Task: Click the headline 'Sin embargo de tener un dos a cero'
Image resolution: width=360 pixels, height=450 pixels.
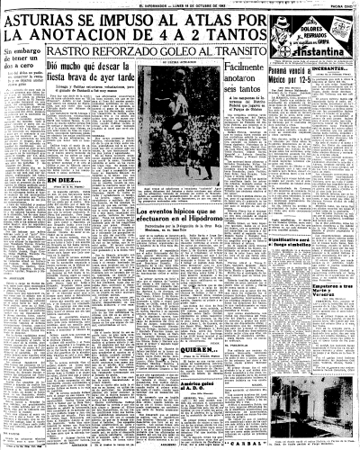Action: coord(20,89)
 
